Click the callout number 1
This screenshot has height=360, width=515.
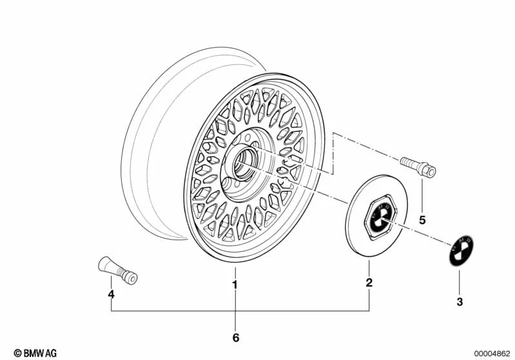pyautogui.click(x=235, y=284)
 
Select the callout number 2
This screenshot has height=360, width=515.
pyautogui.click(x=369, y=282)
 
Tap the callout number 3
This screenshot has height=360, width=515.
pyautogui.click(x=460, y=301)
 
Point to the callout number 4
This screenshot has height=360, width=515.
pyautogui.click(x=112, y=294)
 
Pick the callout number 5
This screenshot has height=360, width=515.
pyautogui.click(x=422, y=220)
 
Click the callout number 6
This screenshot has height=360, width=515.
pyautogui.click(x=236, y=337)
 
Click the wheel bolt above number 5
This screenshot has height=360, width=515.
pyautogui.click(x=418, y=167)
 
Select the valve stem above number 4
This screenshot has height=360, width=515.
pyautogui.click(x=117, y=270)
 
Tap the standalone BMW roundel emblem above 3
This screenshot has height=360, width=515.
pyautogui.click(x=461, y=251)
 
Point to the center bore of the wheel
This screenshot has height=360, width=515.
pyautogui.click(x=245, y=164)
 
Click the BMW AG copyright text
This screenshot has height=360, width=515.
pyautogui.click(x=35, y=353)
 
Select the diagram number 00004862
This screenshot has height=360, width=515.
pyautogui.click(x=492, y=354)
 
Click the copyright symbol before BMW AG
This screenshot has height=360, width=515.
pyautogui.click(x=18, y=353)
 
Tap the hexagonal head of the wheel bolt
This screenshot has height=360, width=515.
pyautogui.click(x=427, y=169)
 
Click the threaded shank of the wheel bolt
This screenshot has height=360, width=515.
pyautogui.click(x=409, y=162)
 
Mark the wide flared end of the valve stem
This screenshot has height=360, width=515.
pyautogui.click(x=104, y=263)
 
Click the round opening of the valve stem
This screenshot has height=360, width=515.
pyautogui.click(x=133, y=279)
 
